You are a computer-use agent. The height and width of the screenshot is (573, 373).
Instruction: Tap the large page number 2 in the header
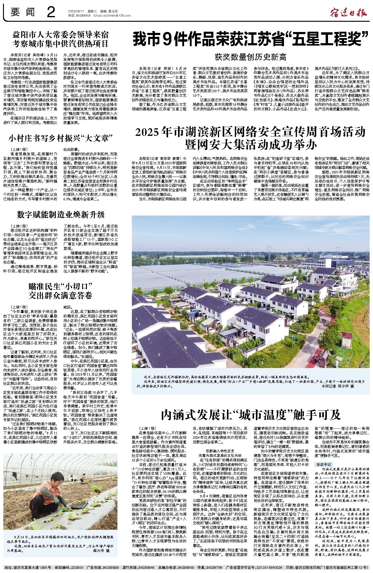pyautogui.click(x=51, y=13)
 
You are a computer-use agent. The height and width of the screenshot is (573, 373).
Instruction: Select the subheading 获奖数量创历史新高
pyautogui.click(x=250, y=56)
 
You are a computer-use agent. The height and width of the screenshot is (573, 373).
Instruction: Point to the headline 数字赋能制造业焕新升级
pyautogui.click(x=61, y=215)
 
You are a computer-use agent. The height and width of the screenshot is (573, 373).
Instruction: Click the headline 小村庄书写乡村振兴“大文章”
pyautogui.click(x=61, y=139)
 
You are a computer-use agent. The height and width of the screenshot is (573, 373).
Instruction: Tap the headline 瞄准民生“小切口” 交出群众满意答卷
pyautogui.click(x=60, y=290)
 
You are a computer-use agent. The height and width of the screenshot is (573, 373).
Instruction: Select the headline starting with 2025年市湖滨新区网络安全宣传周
pyautogui.click(x=250, y=138)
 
